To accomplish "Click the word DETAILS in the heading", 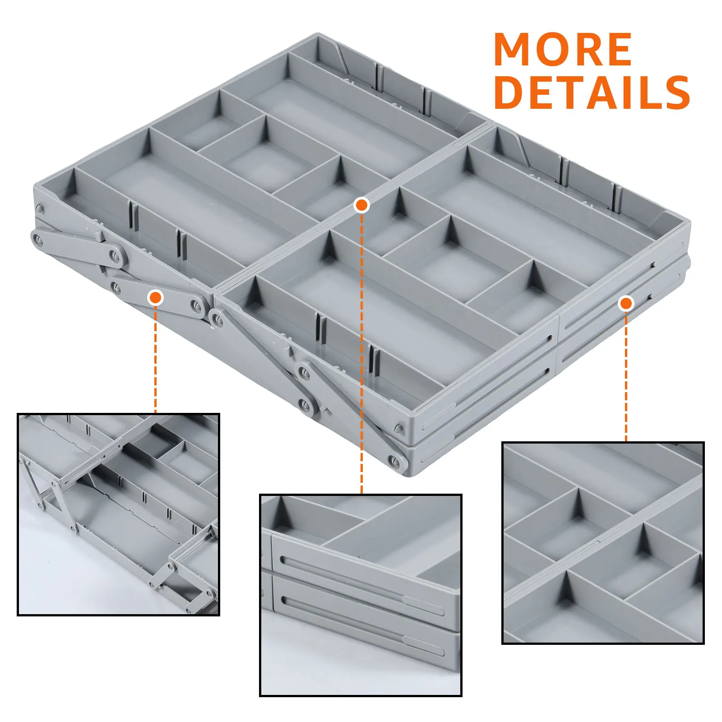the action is pyautogui.click(x=592, y=92).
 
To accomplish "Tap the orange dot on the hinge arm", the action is pyautogui.click(x=155, y=297).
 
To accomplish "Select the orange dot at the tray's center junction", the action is pyautogui.click(x=361, y=205).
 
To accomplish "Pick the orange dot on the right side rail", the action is pyautogui.click(x=626, y=304).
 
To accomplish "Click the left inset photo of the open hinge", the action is pyautogui.click(x=118, y=514).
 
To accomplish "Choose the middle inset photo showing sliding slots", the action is pyautogui.click(x=361, y=595).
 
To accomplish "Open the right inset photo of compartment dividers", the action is pyautogui.click(x=603, y=543).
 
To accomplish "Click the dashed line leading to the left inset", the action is pyautogui.click(x=155, y=359).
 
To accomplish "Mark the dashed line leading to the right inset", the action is pyautogui.click(x=626, y=376).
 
